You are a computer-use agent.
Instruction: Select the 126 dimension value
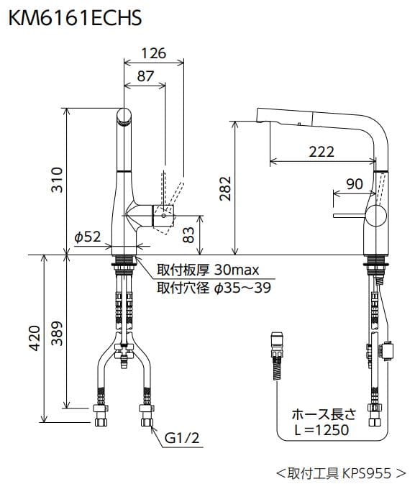pyautogui.click(x=153, y=53)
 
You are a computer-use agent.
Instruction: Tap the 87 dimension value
pyautogui.click(x=145, y=76)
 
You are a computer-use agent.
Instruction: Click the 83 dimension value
pyautogui.click(x=188, y=234)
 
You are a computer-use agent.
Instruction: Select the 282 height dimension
pyautogui.click(x=224, y=188)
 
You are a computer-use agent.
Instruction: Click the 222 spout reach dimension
pyautogui.click(x=321, y=152)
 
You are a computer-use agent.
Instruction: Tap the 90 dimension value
pyautogui.click(x=354, y=184)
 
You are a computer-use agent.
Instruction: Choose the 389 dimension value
pyautogui.click(x=58, y=332)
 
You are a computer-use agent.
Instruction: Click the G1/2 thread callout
pyautogui.click(x=181, y=438)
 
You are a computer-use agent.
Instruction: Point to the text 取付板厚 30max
pyautogui.click(x=207, y=271)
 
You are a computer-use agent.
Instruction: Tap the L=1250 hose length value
pyautogui.click(x=320, y=430)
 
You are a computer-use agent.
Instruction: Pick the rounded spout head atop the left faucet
pyautogui.click(x=125, y=116)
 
